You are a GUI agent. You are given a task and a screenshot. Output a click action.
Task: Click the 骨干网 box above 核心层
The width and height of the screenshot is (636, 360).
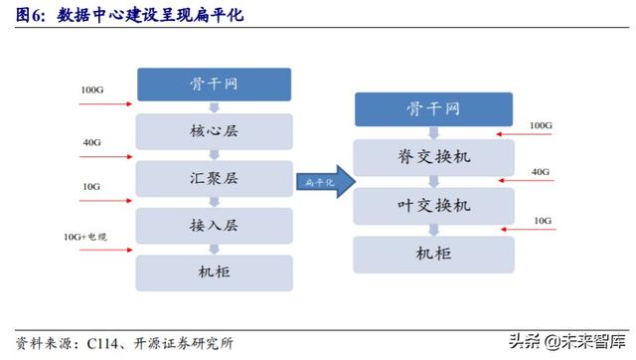click(214, 85)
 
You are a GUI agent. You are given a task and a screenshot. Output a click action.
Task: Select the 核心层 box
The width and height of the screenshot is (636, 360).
click(214, 131)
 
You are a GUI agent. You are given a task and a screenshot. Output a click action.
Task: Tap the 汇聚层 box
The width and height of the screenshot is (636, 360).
click(214, 178)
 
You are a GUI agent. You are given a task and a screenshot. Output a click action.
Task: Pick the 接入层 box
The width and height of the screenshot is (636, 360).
click(214, 225)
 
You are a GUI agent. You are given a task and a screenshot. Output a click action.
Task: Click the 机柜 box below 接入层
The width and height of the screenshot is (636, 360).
click(214, 271)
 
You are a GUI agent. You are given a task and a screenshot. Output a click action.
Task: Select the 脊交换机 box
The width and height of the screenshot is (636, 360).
click(433, 157)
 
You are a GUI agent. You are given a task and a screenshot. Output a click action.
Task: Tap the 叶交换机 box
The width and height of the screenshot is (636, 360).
click(433, 205)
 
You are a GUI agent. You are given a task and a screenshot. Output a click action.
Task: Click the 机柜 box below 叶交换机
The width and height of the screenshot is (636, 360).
click(433, 253)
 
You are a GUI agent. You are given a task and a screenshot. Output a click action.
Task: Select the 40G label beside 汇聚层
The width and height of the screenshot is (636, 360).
click(91, 142)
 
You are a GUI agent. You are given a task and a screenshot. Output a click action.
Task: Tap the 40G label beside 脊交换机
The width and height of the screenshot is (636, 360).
click(541, 170)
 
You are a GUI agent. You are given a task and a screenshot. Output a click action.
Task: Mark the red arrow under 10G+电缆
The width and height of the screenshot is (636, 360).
click(104, 250)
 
